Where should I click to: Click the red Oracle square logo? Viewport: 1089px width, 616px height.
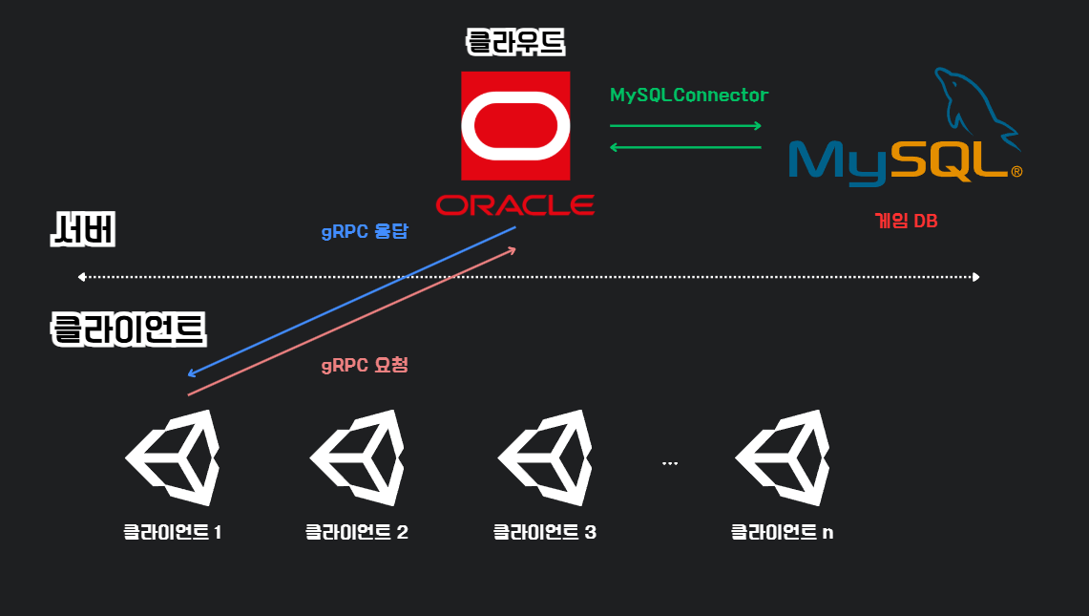(515, 125)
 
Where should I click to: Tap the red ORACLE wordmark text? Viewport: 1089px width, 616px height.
(515, 204)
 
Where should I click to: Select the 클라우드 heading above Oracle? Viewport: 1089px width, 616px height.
(515, 42)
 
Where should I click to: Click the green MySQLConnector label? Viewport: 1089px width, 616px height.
(689, 96)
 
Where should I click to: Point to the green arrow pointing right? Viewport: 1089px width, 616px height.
(685, 125)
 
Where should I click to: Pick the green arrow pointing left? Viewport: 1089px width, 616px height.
(685, 147)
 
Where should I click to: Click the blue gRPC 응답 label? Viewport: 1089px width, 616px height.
(365, 231)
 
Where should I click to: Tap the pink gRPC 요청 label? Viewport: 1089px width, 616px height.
(365, 365)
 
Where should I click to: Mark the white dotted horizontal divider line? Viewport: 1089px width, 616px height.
(530, 277)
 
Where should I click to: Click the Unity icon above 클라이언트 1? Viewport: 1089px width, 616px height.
(173, 458)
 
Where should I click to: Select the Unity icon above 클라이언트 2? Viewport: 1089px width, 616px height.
(357, 458)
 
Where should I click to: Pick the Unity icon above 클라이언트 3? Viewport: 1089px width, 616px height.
(545, 458)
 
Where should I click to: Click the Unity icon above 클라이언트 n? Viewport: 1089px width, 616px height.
(782, 458)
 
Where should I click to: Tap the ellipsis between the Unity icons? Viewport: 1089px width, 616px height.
(669, 463)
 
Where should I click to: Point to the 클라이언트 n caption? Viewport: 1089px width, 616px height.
(782, 532)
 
